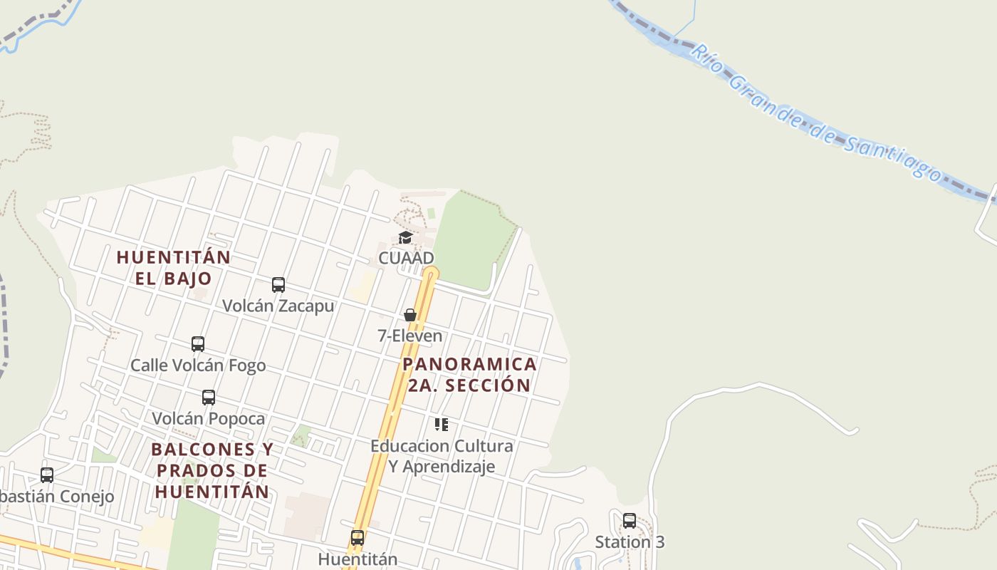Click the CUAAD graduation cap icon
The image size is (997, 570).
point(406,237)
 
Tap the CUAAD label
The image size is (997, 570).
point(406,257)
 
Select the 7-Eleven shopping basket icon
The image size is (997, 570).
point(410,315)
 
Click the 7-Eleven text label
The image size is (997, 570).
point(410,336)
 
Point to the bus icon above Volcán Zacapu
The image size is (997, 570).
point(278,285)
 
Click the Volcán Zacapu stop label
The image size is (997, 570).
point(278,306)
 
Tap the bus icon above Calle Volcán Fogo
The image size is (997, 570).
point(198,344)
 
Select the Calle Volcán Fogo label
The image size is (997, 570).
point(198,366)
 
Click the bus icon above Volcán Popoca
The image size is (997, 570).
point(209,398)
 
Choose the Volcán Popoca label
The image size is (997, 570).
point(209,418)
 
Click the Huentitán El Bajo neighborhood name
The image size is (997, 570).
point(174,268)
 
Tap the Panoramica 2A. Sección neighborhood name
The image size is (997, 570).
point(469,375)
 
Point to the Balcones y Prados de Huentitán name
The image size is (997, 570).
point(212,470)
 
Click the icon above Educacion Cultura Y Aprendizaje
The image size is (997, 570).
point(442,425)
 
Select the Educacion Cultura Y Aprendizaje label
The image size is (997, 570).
point(442,456)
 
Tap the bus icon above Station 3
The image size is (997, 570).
point(630,521)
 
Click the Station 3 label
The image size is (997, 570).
point(630,541)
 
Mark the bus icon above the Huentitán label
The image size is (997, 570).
point(357,538)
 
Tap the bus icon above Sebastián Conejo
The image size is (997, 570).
point(47,475)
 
